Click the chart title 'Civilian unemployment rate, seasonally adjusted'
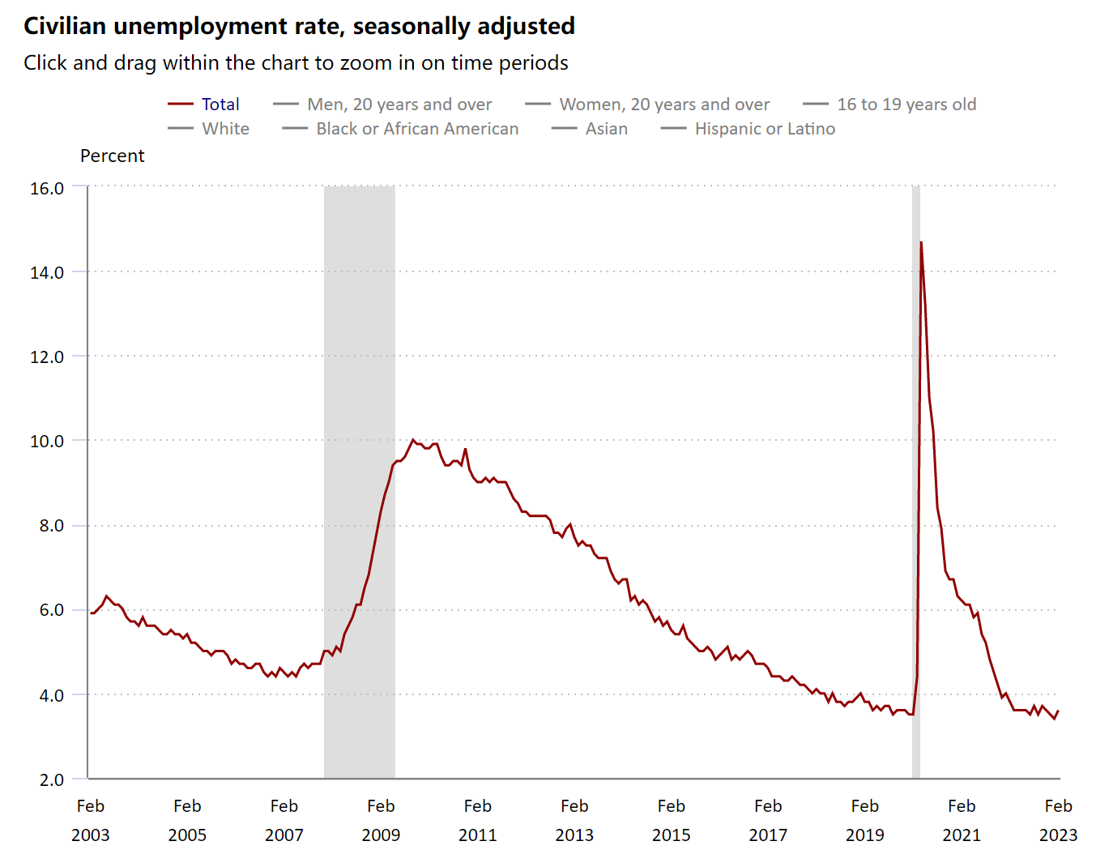point(299,26)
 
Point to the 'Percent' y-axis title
point(112,156)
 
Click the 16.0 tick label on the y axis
point(47,188)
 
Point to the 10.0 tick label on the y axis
point(47,441)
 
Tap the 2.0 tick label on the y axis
point(51,779)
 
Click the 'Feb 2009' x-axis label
point(381,820)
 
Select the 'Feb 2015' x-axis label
point(672,820)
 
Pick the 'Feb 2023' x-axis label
point(1058,820)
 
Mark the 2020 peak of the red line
point(921,242)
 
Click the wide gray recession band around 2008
point(360,324)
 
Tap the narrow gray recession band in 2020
point(916,486)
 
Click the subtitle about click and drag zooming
point(296,63)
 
